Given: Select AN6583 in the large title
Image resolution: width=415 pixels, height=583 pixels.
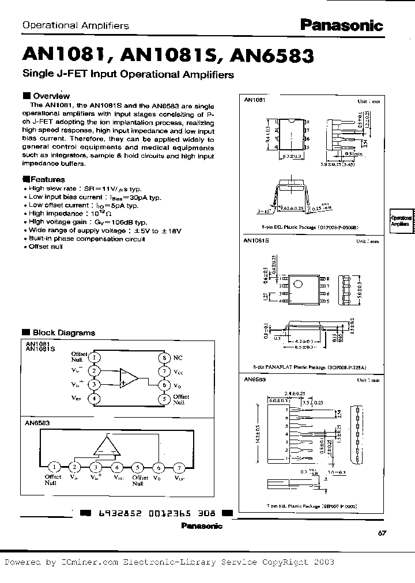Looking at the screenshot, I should (x=272, y=56).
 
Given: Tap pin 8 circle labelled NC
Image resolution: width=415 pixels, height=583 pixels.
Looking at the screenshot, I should (x=163, y=357).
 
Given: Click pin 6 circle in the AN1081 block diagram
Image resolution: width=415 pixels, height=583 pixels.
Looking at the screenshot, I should (x=163, y=385).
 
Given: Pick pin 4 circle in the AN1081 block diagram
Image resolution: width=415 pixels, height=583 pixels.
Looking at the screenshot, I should (x=94, y=398).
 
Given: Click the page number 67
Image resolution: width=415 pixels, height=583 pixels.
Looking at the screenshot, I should (x=382, y=533).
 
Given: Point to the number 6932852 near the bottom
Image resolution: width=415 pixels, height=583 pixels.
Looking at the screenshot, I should (x=115, y=513).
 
